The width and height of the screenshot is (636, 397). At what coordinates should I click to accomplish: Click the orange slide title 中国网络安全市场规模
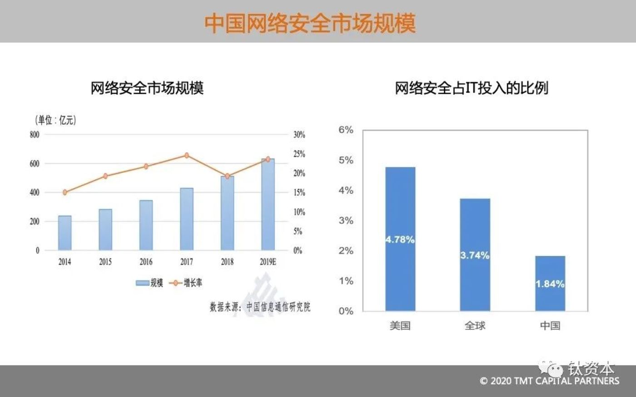coord(310,24)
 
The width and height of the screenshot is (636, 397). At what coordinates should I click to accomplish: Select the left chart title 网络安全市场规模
coord(147,88)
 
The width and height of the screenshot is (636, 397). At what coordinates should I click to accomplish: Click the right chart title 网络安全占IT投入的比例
coord(471,88)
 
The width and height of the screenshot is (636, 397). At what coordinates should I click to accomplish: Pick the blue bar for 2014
coord(65,233)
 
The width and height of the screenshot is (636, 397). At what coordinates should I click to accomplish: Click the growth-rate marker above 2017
coord(187,156)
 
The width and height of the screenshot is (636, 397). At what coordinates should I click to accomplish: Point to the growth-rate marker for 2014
coord(65,192)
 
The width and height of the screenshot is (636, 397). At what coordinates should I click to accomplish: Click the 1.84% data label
coord(550,284)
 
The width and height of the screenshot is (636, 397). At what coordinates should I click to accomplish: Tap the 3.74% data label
coord(475,255)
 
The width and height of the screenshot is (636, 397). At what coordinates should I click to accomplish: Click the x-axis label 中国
coord(550,326)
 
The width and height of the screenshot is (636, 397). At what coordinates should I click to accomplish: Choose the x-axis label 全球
coord(475,326)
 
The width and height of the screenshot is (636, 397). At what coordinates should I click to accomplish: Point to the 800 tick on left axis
coord(35,134)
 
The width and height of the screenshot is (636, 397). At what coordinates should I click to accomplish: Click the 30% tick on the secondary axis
coord(299,135)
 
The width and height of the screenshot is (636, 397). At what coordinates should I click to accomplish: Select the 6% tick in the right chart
coord(346,130)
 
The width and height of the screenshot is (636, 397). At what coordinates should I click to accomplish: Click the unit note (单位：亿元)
coord(55,120)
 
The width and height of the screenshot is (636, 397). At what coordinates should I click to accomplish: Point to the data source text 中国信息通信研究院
coord(278,307)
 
